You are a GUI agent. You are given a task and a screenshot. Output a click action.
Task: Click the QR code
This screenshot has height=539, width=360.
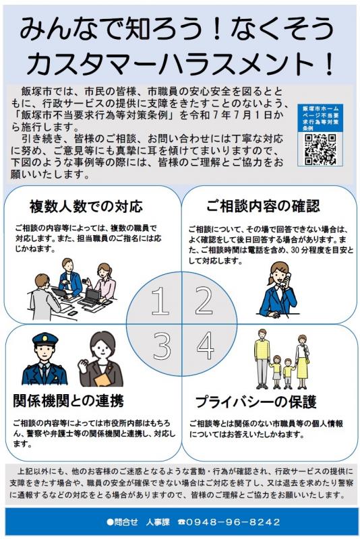point(320,149)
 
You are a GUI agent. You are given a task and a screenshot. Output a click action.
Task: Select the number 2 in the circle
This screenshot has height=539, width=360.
point(204,301)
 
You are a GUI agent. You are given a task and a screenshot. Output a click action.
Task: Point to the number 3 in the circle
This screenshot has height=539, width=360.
point(161,346)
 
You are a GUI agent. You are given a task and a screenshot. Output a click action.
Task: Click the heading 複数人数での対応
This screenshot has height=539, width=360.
point(86,205)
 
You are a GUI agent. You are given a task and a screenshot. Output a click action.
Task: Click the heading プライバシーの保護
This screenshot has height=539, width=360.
point(256,402)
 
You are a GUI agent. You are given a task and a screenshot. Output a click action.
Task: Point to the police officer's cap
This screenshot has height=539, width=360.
point(44,340)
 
